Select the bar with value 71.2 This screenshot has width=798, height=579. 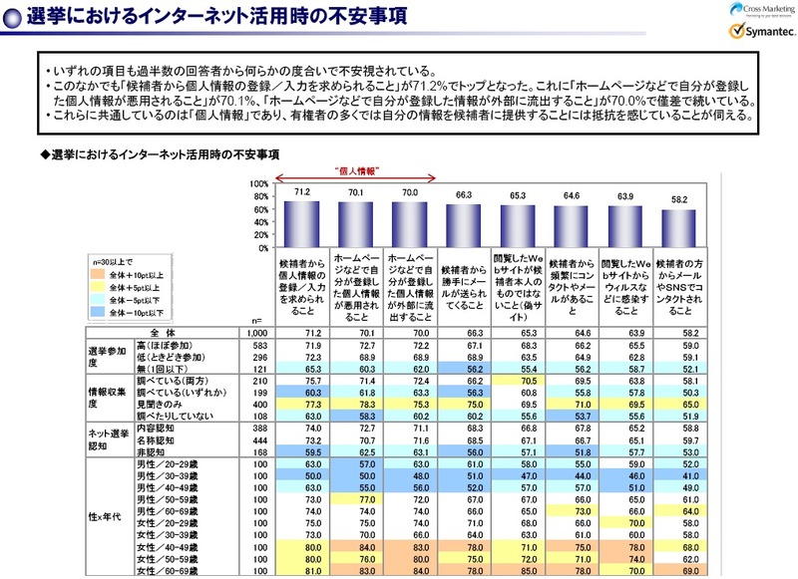coord(302,224)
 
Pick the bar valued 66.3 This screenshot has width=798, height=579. coord(467,226)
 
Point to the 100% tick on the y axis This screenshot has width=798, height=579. coord(257,184)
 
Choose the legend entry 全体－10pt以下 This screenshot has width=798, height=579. coord(137,312)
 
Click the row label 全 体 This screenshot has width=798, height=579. coord(160,332)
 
